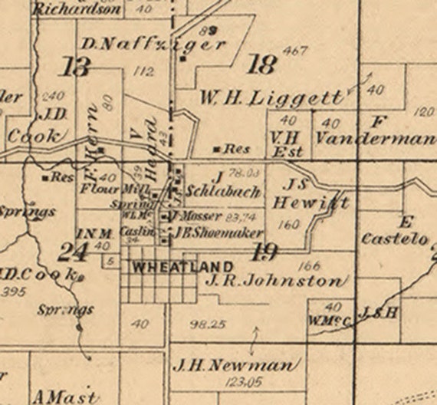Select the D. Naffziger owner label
pyautogui.click(x=153, y=44)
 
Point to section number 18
pyautogui.click(x=262, y=64)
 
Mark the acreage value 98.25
pyautogui.click(x=207, y=324)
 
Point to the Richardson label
pyautogui.click(x=77, y=10)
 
